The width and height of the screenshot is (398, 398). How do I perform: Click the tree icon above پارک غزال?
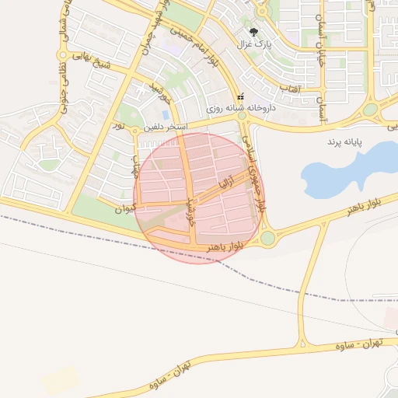click(255, 32)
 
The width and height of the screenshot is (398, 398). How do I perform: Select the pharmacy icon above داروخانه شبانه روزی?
click(240, 97)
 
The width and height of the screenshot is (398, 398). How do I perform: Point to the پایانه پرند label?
click(346, 144)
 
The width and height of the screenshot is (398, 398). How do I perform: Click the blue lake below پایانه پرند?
click(342, 167)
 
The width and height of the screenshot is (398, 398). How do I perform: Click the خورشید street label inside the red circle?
click(191, 210)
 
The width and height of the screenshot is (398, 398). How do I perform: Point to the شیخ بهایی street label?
click(92, 60)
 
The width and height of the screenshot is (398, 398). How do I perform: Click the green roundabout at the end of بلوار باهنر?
click(267, 238)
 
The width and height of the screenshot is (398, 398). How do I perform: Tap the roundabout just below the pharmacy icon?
click(242, 115)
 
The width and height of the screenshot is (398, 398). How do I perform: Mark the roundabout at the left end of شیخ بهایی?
click(62, 55)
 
